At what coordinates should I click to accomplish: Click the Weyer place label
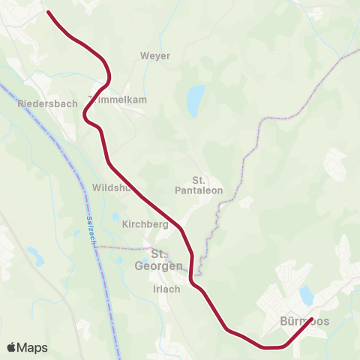(x=155, y=55)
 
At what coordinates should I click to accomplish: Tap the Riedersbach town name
(x=46, y=104)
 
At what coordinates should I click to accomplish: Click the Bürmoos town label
(x=304, y=321)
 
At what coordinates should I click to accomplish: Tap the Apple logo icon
(x=11, y=347)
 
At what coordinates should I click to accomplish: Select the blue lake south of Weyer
(x=195, y=100)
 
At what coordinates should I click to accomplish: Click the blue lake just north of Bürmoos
(x=307, y=292)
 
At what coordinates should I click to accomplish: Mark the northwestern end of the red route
(x=49, y=12)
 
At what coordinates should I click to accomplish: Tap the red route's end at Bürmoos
(x=310, y=319)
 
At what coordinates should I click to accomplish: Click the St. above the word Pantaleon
(x=199, y=180)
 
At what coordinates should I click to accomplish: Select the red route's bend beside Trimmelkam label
(x=109, y=77)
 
